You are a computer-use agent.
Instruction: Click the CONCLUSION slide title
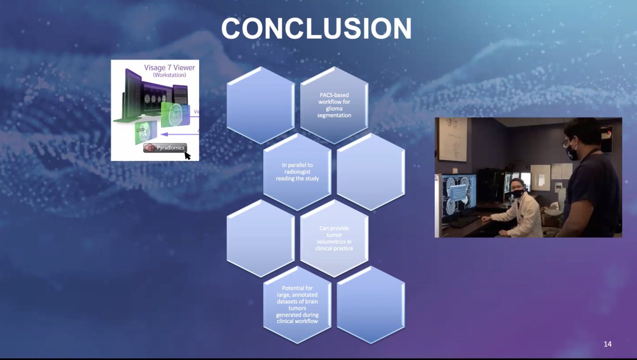pyautogui.click(x=316, y=29)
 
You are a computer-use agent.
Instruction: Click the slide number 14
pyautogui.click(x=607, y=344)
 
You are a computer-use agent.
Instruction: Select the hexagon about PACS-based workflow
pyautogui.click(x=334, y=105)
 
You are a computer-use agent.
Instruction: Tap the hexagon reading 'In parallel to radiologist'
pyautogui.click(x=297, y=172)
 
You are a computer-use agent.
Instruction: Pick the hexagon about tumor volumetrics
pyautogui.click(x=334, y=238)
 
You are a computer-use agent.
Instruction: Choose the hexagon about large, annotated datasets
pyautogui.click(x=297, y=304)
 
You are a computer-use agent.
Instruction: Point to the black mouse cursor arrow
pyautogui.click(x=187, y=155)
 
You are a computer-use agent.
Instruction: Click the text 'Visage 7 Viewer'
pyautogui.click(x=169, y=67)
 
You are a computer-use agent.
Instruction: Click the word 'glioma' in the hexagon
pyautogui.click(x=334, y=108)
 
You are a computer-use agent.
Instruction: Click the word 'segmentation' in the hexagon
pyautogui.click(x=334, y=115)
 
